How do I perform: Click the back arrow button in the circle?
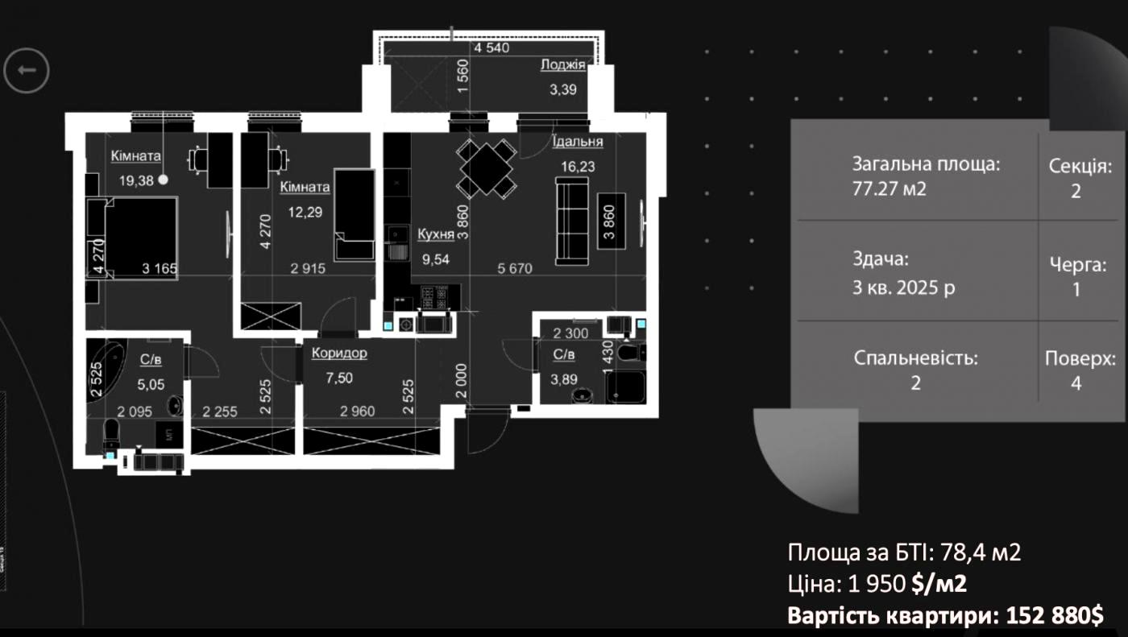(x=26, y=70)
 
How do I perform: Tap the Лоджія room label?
(x=563, y=64)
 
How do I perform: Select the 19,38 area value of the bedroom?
(x=136, y=180)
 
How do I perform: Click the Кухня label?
(x=436, y=234)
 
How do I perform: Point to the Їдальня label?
(x=578, y=142)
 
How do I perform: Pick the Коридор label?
(x=339, y=354)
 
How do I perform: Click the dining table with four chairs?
(x=487, y=168)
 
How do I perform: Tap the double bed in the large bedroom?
(x=141, y=238)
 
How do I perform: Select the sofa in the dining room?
(x=571, y=221)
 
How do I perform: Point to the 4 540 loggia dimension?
(x=491, y=48)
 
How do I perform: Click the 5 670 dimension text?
(x=515, y=269)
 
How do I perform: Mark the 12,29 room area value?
(x=305, y=212)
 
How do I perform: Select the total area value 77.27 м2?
(x=890, y=188)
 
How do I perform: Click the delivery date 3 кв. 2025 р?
(x=903, y=287)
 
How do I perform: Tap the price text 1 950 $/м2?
(x=907, y=584)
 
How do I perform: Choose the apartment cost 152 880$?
(x=1055, y=615)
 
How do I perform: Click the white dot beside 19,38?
(x=163, y=180)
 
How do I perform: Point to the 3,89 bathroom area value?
(x=563, y=379)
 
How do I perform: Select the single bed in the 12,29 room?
(x=355, y=215)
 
